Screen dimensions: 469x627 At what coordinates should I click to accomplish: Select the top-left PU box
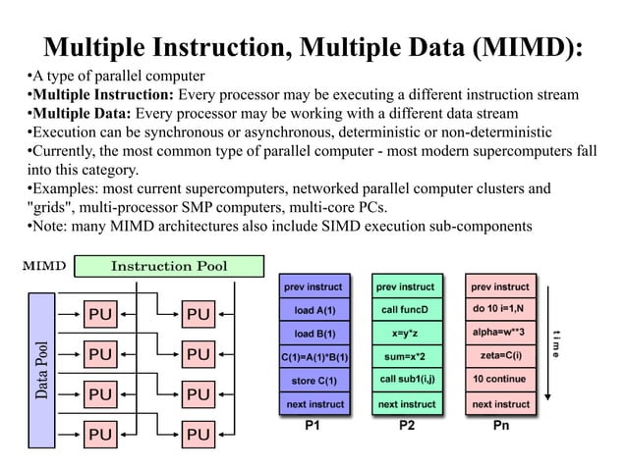(101, 314)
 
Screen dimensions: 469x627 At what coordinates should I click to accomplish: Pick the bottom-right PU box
(198, 433)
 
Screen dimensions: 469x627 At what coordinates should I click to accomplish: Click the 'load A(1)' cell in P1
(314, 310)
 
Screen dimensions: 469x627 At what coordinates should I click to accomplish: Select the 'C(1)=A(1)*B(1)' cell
(314, 356)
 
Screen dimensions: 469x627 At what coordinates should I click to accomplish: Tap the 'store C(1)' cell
(314, 380)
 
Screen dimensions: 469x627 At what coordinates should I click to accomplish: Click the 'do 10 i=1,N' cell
(499, 310)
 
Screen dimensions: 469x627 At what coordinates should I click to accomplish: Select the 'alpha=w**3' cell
(499, 334)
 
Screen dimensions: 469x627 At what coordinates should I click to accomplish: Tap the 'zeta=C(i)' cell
(499, 356)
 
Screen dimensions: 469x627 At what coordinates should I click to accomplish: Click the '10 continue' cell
(499, 380)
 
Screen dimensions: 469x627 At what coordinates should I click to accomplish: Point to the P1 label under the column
(313, 427)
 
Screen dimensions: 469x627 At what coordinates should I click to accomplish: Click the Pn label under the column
(499, 427)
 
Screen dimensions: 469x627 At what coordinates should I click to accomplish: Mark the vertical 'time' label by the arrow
(556, 341)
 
